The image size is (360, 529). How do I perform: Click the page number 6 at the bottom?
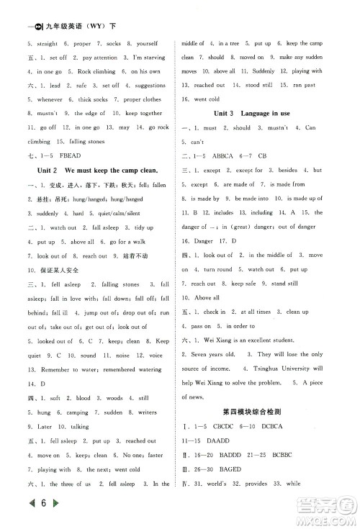[24, 513]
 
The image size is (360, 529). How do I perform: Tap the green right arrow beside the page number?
[37, 513]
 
